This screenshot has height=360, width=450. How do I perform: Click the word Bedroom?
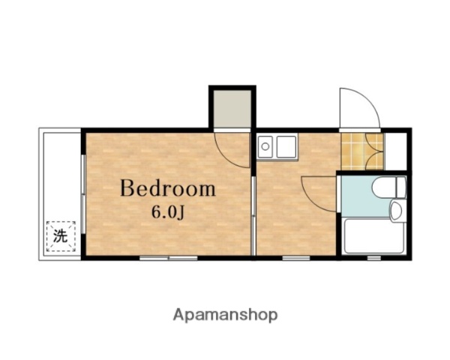(x=168, y=188)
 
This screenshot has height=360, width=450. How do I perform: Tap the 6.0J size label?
(x=168, y=213)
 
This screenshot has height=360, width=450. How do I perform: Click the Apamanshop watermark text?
(x=225, y=315)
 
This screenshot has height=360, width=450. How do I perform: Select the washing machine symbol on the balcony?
(x=61, y=236)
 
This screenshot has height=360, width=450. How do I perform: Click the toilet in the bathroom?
(x=389, y=187)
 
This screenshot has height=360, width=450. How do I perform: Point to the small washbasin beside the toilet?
(x=397, y=211)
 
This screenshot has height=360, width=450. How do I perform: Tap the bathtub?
(x=373, y=236)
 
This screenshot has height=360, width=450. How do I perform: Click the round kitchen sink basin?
(x=265, y=147)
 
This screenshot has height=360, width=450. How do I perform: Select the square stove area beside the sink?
(x=286, y=147)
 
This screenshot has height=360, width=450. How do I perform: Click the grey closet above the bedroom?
(x=232, y=109)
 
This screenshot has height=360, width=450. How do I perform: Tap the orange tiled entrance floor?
(x=362, y=151)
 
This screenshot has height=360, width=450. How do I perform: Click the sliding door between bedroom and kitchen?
(x=253, y=216)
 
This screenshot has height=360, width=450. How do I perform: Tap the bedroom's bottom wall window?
(x=169, y=258)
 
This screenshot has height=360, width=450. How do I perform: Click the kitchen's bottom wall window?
(x=296, y=258)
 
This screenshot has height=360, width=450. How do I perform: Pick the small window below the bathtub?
(x=374, y=258)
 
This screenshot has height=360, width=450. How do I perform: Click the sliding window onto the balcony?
(x=83, y=194)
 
